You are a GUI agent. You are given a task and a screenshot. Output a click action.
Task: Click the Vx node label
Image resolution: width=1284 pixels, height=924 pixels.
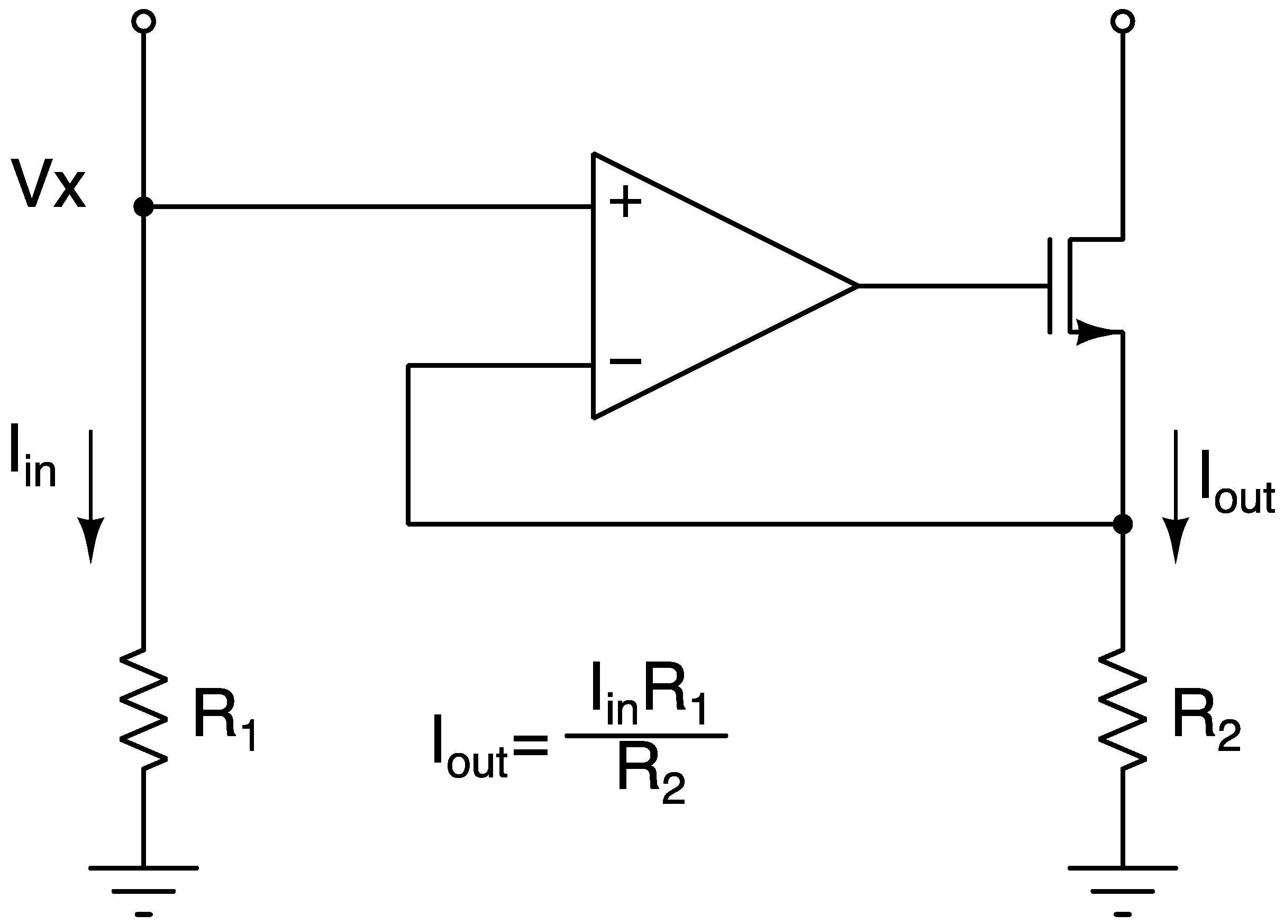[x=48, y=184]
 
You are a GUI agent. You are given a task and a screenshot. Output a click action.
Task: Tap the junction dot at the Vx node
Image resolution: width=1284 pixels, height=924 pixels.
[x=143, y=206]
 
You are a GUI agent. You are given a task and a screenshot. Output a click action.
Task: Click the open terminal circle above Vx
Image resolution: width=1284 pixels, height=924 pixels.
[x=143, y=22]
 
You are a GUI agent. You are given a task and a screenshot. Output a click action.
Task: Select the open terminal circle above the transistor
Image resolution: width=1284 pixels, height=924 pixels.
[x=1123, y=22]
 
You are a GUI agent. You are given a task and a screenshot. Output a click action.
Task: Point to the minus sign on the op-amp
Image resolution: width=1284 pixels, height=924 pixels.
[x=625, y=360]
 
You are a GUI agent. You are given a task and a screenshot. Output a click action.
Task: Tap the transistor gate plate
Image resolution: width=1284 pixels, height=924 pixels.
[x=1050, y=286]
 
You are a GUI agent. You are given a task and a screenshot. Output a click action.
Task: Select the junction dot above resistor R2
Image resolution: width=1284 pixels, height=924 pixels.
[x=1123, y=524]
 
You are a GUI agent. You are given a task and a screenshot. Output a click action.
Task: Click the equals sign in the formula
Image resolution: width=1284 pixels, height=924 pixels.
[x=530, y=745]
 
